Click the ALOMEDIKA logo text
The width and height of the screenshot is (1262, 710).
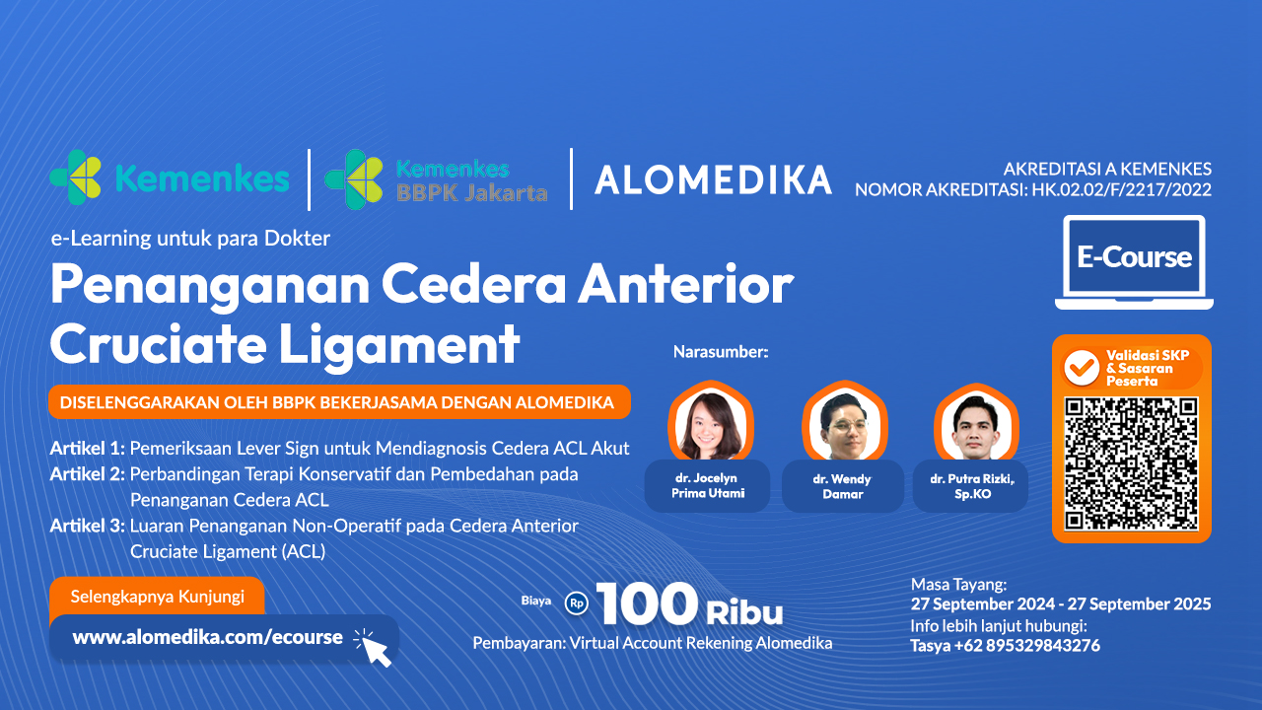coord(713,180)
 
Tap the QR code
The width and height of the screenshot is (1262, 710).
coord(1131,463)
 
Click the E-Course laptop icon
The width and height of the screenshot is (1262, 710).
coord(1134,262)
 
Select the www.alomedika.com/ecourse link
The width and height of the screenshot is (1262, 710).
coord(207,637)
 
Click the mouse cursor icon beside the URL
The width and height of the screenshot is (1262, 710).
coord(373,648)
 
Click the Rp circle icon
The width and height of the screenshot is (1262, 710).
coord(577,603)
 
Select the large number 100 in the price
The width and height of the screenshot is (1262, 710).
coord(648,603)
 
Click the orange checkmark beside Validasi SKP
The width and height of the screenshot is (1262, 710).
coord(1081,368)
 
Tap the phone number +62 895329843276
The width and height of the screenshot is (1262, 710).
coord(1027,645)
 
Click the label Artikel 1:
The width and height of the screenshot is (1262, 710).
coord(88,449)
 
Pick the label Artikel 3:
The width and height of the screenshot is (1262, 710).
coord(88,526)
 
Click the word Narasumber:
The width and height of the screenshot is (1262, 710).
coord(721,352)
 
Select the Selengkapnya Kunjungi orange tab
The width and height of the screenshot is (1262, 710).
coord(157,597)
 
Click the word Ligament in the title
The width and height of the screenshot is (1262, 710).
coord(399,346)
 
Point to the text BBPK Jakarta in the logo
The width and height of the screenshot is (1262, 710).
coord(471,193)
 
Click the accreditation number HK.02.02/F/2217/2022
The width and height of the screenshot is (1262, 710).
coord(1121,190)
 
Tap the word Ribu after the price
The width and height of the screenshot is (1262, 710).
coord(744,612)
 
